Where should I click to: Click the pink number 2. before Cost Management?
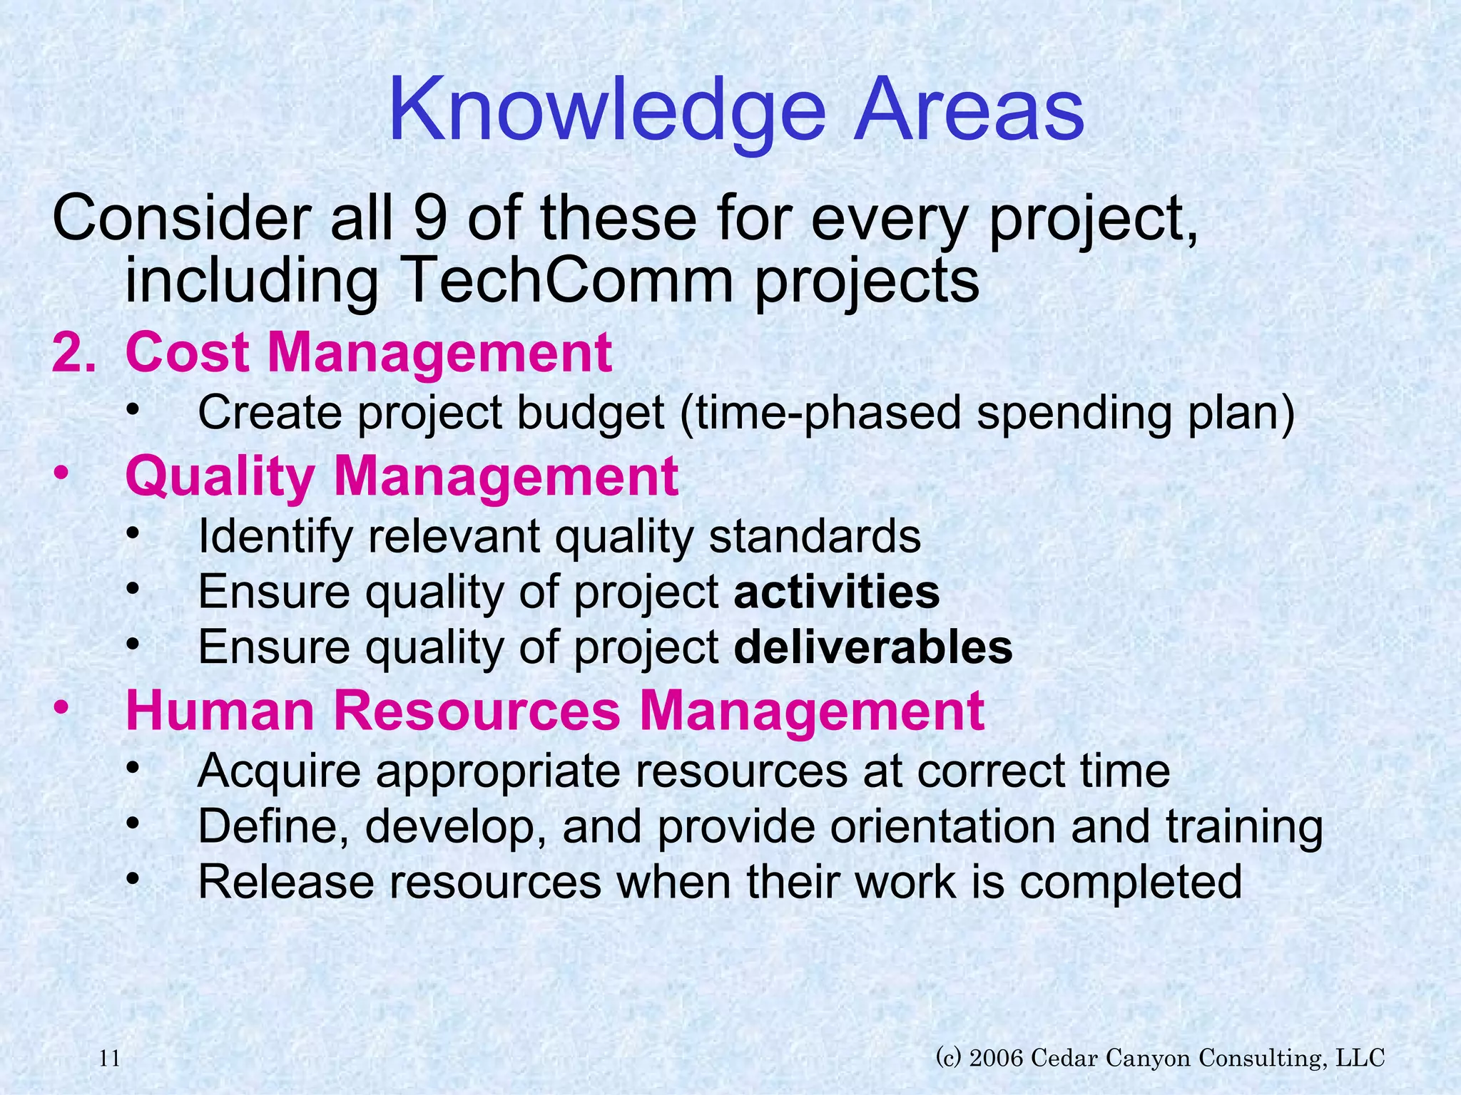pos(73,352)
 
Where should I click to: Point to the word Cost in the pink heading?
pos(187,352)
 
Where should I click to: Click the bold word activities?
pos(836,592)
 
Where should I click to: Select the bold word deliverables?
pos(872,647)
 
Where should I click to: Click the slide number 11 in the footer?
pos(109,1059)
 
